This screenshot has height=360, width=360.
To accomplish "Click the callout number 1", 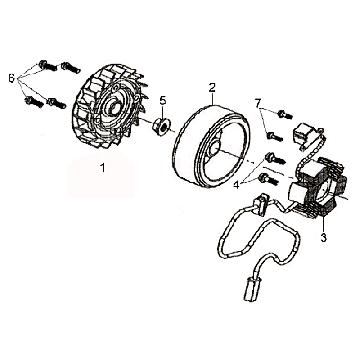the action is (x=103, y=168).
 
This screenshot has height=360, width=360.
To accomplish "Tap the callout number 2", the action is (x=212, y=88).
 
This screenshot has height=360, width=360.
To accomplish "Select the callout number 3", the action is (x=323, y=238).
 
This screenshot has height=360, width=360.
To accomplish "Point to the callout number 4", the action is (x=236, y=185).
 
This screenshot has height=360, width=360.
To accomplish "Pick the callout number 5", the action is (x=162, y=100).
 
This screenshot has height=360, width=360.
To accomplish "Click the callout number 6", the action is (x=12, y=79).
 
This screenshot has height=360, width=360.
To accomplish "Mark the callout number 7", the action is (x=257, y=103).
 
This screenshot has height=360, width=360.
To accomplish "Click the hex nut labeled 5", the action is (x=160, y=127).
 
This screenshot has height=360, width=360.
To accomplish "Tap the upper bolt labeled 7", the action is (x=285, y=115).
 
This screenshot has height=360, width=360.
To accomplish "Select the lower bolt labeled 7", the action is (x=275, y=136).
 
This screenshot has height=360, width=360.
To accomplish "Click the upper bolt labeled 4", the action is (x=275, y=159).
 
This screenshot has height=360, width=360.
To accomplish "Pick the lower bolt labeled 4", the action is (x=268, y=179).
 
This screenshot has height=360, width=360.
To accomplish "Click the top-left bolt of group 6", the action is (x=47, y=65).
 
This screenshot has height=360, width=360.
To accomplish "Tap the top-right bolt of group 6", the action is (x=71, y=68).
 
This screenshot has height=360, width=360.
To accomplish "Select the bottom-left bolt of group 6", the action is (x=34, y=101).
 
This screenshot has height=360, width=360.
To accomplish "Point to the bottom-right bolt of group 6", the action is (x=56, y=103).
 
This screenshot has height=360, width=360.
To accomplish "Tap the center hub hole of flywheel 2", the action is (x=214, y=146).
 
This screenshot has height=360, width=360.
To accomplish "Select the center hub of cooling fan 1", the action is (x=114, y=107).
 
